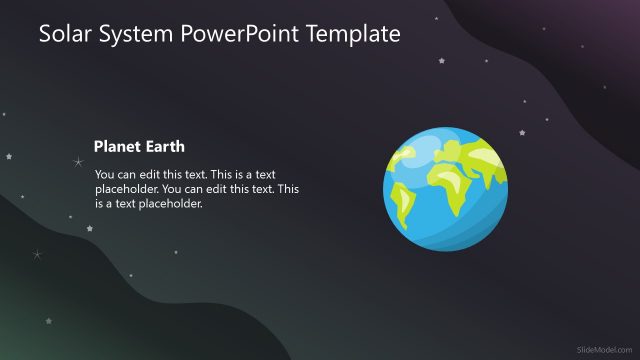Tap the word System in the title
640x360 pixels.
(138, 35)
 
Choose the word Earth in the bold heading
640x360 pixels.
(164, 146)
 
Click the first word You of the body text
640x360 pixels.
(105, 173)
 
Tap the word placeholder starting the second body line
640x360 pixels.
(126, 188)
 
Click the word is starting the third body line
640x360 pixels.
(100, 203)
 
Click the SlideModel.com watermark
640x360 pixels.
(605, 348)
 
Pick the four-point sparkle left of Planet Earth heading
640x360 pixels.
(78, 161)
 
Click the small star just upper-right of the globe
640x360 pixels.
(522, 133)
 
